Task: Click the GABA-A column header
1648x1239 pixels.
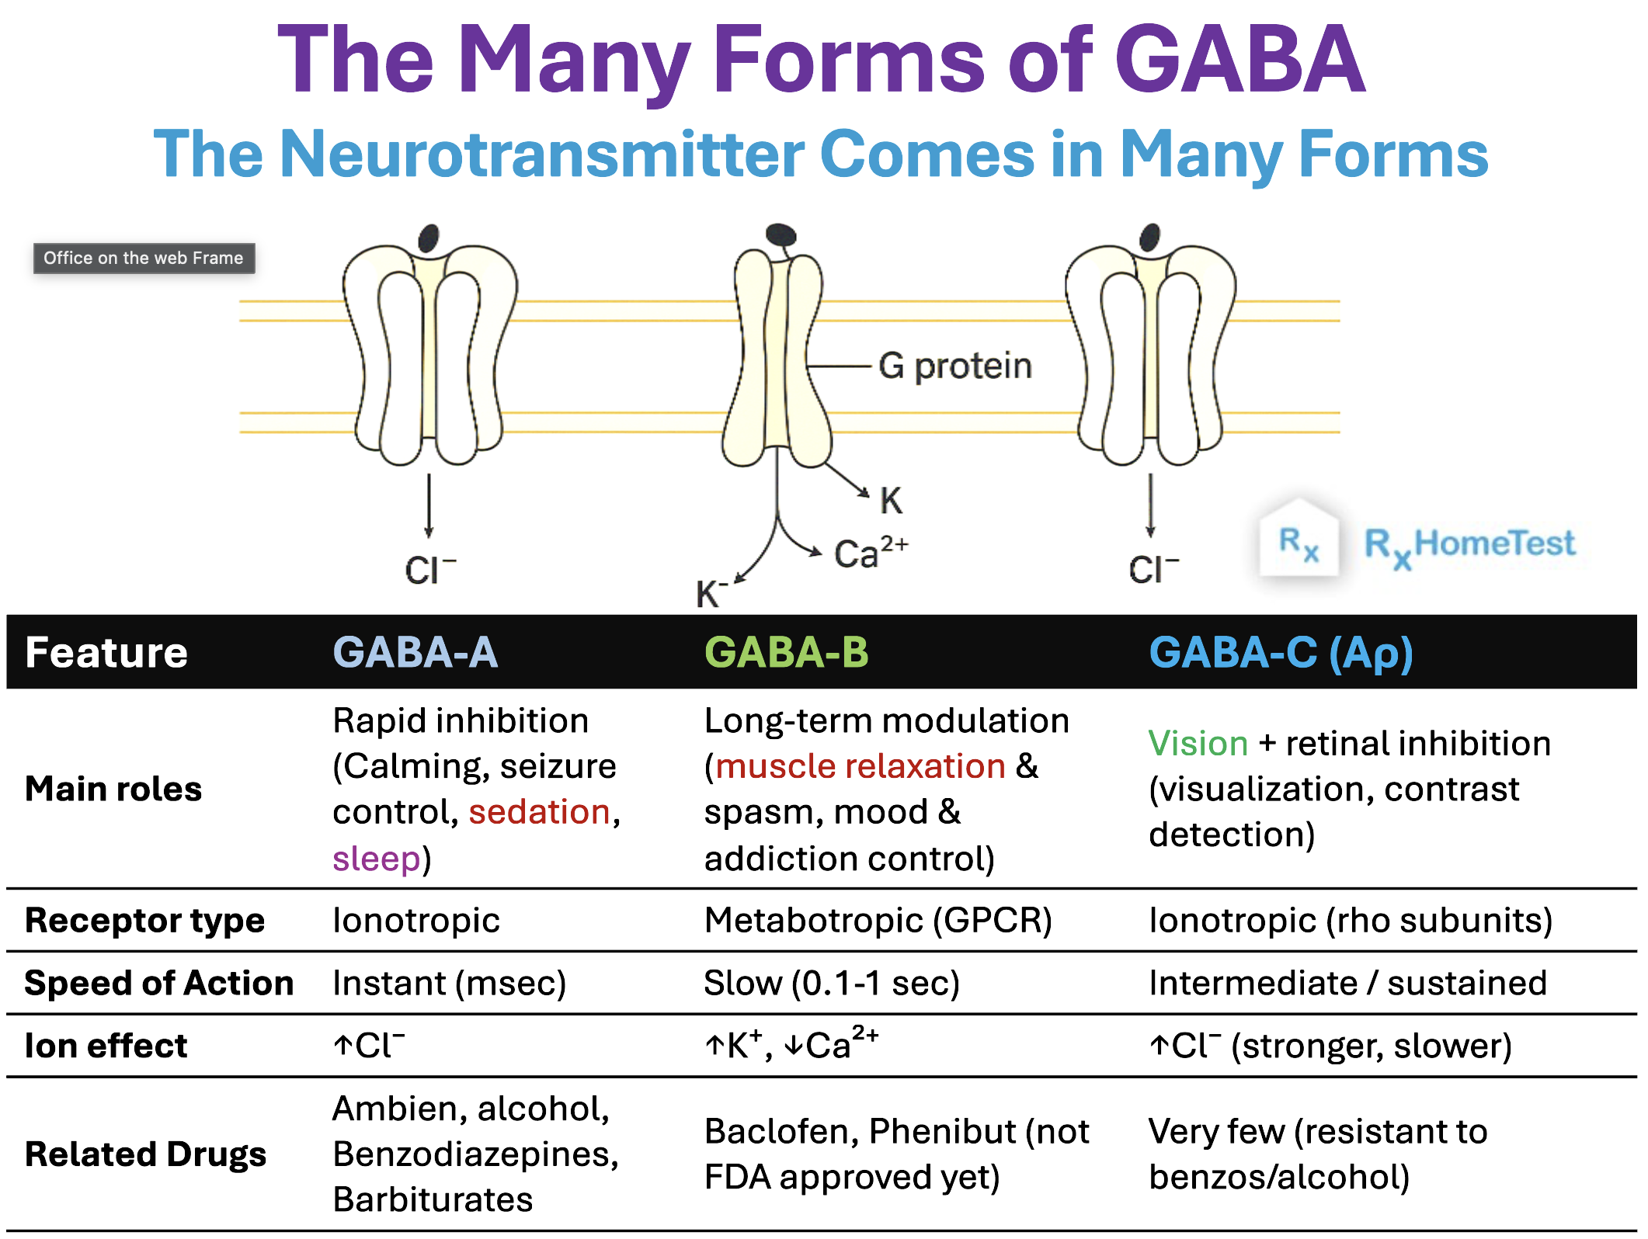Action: [x=415, y=652]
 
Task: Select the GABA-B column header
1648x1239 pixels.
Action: [x=786, y=652]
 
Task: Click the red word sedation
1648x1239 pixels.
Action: [x=539, y=812]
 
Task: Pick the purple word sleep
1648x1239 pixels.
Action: [x=376, y=859]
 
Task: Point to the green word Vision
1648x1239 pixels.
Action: [x=1198, y=744]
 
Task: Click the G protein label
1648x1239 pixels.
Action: [x=954, y=366]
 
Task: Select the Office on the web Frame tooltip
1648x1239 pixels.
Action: [x=144, y=259]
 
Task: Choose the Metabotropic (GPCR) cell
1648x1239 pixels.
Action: [x=878, y=921]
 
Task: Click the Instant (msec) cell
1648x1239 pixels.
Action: [x=449, y=984]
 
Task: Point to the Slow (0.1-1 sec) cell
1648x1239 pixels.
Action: [x=831, y=984]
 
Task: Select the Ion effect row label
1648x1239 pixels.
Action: [x=106, y=1046]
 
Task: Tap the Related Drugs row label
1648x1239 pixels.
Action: [x=145, y=1154]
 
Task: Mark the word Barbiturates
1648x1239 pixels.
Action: [x=433, y=1200]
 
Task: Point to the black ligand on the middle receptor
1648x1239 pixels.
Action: [x=781, y=234]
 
